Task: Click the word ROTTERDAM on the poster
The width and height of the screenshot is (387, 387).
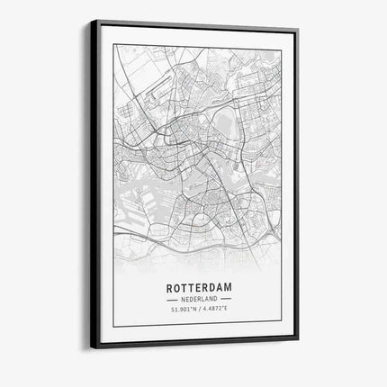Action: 198,288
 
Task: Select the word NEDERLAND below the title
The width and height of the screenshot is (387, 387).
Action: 198,300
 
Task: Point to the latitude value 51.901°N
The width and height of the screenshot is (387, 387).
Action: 183,310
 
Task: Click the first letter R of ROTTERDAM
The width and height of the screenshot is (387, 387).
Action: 169,288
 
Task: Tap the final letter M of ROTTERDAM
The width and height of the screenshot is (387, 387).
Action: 228,288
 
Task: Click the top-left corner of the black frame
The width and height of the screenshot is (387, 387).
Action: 90,20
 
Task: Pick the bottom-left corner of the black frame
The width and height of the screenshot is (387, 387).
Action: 90,346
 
